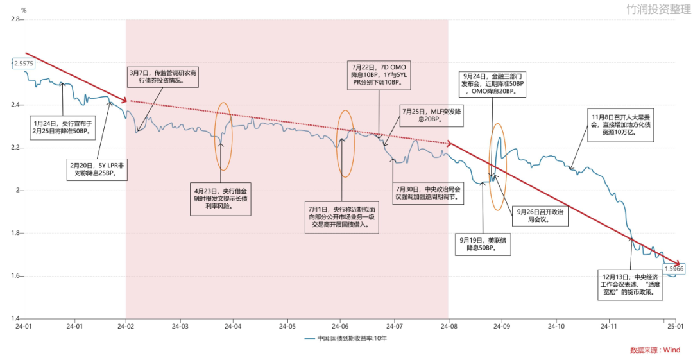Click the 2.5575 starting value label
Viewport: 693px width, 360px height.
(x=24, y=64)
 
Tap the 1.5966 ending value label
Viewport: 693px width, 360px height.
(x=674, y=268)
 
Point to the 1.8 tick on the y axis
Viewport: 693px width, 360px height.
(x=16, y=233)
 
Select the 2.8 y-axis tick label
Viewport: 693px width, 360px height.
(x=16, y=19)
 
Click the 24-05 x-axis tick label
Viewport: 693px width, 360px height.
(x=287, y=327)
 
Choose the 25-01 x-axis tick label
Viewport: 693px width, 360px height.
(x=676, y=327)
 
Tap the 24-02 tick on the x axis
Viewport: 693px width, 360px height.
(x=126, y=327)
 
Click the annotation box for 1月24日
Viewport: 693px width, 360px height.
(x=63, y=127)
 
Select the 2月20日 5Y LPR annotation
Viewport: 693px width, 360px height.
(x=98, y=169)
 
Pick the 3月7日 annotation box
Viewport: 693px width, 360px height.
(x=162, y=76)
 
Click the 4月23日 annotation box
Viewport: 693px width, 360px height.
(x=221, y=199)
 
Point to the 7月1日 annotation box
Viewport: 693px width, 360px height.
(x=341, y=217)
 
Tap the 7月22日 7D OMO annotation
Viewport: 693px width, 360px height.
(x=379, y=74)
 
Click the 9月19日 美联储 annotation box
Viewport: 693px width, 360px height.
(x=483, y=244)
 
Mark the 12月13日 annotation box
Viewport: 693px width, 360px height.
(x=630, y=284)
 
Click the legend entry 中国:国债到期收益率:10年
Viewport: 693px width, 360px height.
(x=346, y=339)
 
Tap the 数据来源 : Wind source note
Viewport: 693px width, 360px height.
(x=655, y=350)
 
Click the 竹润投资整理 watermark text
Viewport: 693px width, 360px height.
(x=658, y=9)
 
